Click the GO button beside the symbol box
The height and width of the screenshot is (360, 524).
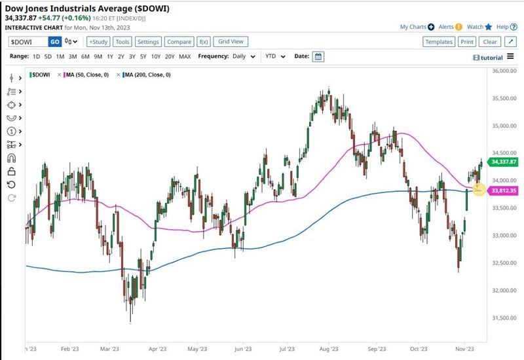pyautogui.click(x=55, y=41)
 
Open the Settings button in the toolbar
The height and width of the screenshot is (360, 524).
pyautogui.click(x=148, y=41)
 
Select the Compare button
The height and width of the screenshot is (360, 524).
pyautogui.click(x=179, y=41)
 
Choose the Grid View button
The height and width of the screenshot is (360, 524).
pyautogui.click(x=231, y=41)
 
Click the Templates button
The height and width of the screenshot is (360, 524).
pyautogui.click(x=438, y=41)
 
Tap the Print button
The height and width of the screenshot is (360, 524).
pyautogui.click(x=466, y=41)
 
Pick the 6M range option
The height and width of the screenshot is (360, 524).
pyautogui.click(x=85, y=56)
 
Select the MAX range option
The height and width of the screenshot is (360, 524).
pyautogui.click(x=185, y=56)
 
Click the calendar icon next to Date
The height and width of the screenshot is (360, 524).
pyautogui.click(x=318, y=56)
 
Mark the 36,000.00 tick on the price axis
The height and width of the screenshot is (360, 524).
pyautogui.click(x=504, y=71)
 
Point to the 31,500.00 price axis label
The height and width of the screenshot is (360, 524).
pyautogui.click(x=504, y=318)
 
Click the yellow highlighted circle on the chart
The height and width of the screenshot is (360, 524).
pyautogui.click(x=478, y=189)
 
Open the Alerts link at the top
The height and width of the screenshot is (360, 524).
pyautogui.click(x=450, y=27)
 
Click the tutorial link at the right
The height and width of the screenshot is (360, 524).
pyautogui.click(x=487, y=58)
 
